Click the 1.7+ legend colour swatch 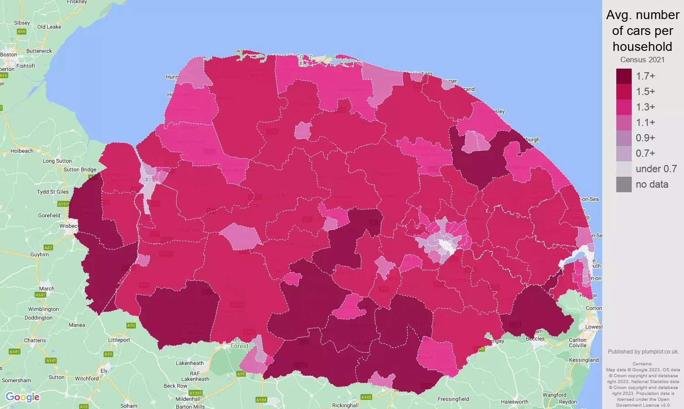[x=624, y=76]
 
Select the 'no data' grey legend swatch [x=624, y=185]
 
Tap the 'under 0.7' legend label [x=656, y=169]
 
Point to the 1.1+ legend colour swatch [x=624, y=123]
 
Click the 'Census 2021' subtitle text [x=642, y=60]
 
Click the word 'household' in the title [x=642, y=46]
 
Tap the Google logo [x=22, y=397]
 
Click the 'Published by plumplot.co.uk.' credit [x=643, y=351]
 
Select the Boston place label [x=9, y=55]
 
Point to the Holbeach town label [x=22, y=151]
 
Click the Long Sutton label [x=57, y=161]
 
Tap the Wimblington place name [x=44, y=309]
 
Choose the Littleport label [x=119, y=340]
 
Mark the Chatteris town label [x=35, y=340]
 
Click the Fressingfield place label [x=453, y=399]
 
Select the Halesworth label [x=514, y=402]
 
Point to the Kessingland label [x=584, y=360]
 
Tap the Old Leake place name [x=49, y=27]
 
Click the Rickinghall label [x=345, y=405]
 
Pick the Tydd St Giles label [x=53, y=192]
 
